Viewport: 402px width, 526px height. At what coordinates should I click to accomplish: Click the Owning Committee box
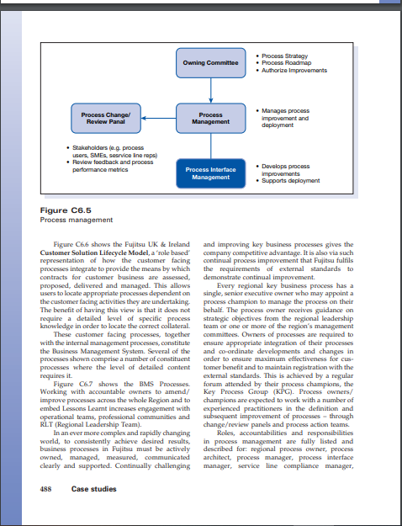[x=205, y=63]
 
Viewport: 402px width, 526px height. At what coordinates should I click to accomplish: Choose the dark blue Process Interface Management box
[x=205, y=173]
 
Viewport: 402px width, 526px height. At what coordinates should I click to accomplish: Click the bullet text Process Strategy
[x=284, y=56]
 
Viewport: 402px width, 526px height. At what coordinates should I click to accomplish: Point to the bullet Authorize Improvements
[x=291, y=69]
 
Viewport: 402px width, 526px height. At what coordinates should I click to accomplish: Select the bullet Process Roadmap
[x=285, y=62]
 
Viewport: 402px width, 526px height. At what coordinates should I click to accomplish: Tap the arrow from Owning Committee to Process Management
[x=205, y=89]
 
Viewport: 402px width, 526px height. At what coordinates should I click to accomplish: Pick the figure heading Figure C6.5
[x=66, y=210]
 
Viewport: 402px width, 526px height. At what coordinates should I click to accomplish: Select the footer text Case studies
[x=94, y=489]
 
